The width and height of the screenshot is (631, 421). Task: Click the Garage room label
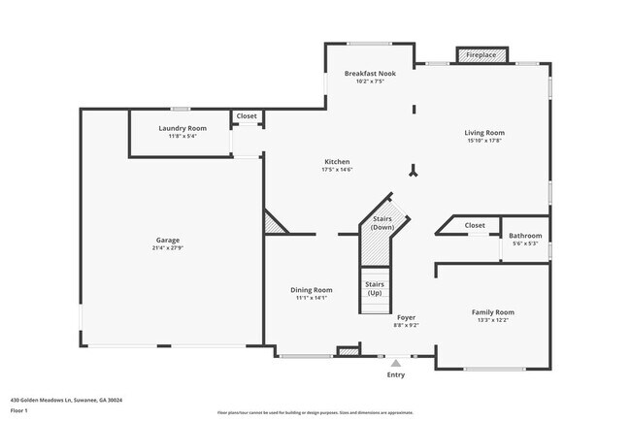(x=168, y=240)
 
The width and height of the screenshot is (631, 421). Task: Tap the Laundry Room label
(x=183, y=128)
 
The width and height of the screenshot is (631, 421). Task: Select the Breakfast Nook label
(x=370, y=74)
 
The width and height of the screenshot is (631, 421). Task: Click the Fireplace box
(x=481, y=55)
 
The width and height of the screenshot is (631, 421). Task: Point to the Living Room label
(x=485, y=133)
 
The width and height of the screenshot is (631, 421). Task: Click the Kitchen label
(x=337, y=162)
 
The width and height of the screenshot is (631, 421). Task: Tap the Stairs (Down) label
(x=382, y=223)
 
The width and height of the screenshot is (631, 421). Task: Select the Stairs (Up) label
(x=374, y=288)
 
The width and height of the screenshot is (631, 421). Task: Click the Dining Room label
(x=312, y=290)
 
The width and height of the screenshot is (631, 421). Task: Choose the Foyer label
(x=407, y=317)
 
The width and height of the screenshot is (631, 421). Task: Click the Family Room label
(x=492, y=312)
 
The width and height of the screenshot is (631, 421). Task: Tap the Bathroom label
(x=526, y=235)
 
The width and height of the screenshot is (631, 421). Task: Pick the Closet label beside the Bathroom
(x=475, y=225)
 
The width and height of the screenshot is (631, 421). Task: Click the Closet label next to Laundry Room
(x=247, y=116)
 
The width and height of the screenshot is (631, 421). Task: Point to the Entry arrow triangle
(x=395, y=362)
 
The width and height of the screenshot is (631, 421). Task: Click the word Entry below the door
(x=396, y=374)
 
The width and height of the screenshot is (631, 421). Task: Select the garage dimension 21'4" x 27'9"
(x=168, y=247)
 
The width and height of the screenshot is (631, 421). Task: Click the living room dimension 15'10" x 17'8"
(x=485, y=141)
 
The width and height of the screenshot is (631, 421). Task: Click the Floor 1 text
(x=20, y=410)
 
